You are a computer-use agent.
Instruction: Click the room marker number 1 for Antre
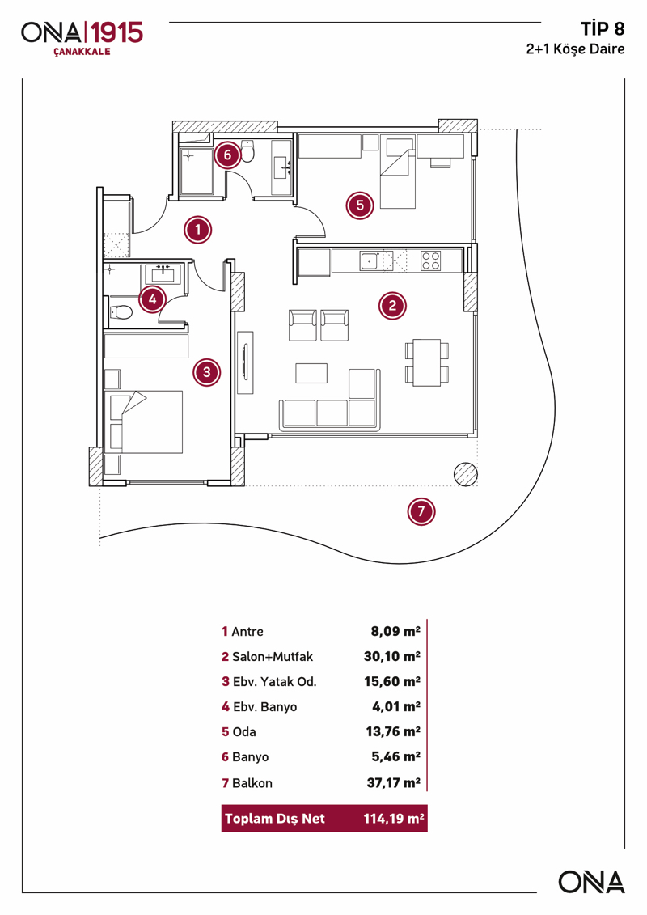coord(197,230)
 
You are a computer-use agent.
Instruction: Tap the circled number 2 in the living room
coord(392,305)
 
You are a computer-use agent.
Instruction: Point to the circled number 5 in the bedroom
coord(360,205)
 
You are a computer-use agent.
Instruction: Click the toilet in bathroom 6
coord(248,151)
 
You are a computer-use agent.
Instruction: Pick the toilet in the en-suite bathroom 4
coord(121,311)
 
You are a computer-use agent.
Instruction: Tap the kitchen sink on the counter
coord(370,261)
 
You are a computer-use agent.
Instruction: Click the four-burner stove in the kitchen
coord(431,261)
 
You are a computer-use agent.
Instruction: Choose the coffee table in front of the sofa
coord(311,372)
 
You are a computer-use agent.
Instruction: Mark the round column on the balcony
coord(465,474)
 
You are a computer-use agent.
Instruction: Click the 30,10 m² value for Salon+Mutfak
coord(392,656)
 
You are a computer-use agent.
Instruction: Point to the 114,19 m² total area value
coord(392,819)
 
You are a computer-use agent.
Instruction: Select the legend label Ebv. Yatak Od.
coord(274,681)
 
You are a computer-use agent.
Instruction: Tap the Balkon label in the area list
coord(252,783)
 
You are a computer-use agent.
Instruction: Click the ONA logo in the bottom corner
coord(591,882)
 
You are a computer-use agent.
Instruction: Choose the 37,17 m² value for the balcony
coord(392,783)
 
